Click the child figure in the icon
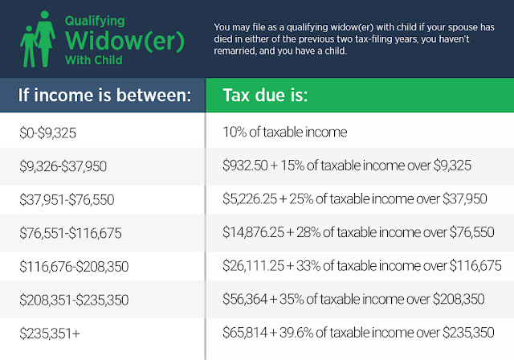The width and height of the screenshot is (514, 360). pyautogui.click(x=28, y=47)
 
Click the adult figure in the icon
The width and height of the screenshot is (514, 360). pyautogui.click(x=45, y=39)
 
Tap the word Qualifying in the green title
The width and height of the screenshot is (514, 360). pyautogui.click(x=95, y=21)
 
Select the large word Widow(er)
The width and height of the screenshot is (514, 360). pyautogui.click(x=124, y=41)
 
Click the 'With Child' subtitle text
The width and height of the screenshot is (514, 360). pyautogui.click(x=94, y=60)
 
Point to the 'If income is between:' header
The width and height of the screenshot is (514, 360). pyautogui.click(x=104, y=95)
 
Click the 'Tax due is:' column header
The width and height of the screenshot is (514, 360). pyautogui.click(x=265, y=95)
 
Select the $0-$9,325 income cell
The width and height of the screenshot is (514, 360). pyautogui.click(x=48, y=133)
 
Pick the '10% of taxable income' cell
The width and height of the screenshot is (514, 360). pyautogui.click(x=285, y=132)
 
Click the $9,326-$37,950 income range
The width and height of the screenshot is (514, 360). pyautogui.click(x=63, y=166)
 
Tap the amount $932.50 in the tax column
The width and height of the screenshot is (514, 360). pyautogui.click(x=245, y=166)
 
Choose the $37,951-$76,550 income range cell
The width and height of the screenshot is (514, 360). pyautogui.click(x=67, y=200)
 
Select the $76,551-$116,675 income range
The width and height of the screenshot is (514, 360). pyautogui.click(x=71, y=234)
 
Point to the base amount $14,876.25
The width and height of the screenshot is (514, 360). pyautogui.click(x=254, y=232)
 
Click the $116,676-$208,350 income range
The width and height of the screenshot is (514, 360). pyautogui.click(x=74, y=267)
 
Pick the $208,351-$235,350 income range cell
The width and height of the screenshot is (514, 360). pyautogui.click(x=74, y=301)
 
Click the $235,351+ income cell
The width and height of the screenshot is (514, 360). pyautogui.click(x=50, y=333)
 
